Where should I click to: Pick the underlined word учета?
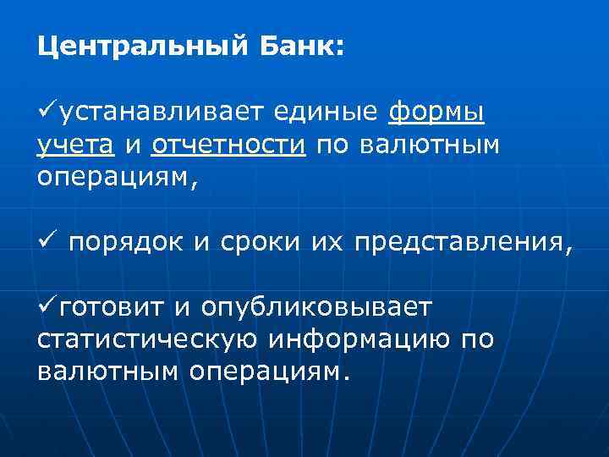click(x=76, y=146)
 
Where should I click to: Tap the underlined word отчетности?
click(x=228, y=145)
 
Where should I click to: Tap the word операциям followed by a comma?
click(x=121, y=180)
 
